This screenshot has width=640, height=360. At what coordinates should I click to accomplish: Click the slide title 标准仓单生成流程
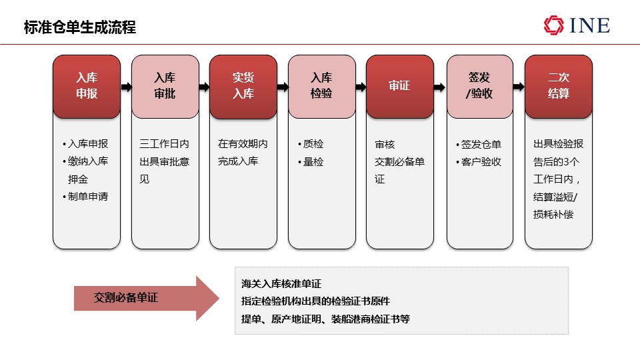tap(80, 27)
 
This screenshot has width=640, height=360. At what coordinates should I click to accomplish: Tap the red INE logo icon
tap(553, 25)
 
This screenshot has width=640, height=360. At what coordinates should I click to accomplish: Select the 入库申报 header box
tap(87, 87)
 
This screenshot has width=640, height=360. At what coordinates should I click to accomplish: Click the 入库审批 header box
tap(165, 87)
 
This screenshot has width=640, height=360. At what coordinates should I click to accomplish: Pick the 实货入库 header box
tap(243, 87)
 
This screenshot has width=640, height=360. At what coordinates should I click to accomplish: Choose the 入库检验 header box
tap(321, 87)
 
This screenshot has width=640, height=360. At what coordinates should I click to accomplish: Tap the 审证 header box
tap(400, 87)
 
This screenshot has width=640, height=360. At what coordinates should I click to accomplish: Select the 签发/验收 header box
tap(479, 87)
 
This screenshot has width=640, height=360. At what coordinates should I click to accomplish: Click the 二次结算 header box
tap(559, 87)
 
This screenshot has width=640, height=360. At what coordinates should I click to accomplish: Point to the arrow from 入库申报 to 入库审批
tap(126, 87)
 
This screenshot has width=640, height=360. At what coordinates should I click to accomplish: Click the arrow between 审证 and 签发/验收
tap(439, 87)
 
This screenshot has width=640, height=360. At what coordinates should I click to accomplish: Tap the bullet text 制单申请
tap(88, 196)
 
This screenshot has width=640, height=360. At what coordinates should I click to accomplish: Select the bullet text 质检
tap(313, 144)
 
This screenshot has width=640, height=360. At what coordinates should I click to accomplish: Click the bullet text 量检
tap(313, 161)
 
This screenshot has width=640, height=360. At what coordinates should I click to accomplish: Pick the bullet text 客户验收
tap(481, 161)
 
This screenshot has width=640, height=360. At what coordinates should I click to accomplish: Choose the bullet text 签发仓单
tap(481, 144)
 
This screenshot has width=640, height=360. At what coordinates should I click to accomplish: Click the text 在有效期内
tap(243, 144)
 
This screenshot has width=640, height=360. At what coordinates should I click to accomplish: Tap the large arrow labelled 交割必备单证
tap(147, 299)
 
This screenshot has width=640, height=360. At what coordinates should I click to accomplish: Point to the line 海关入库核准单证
tap(281, 284)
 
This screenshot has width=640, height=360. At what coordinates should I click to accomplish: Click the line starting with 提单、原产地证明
tap(325, 319)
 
